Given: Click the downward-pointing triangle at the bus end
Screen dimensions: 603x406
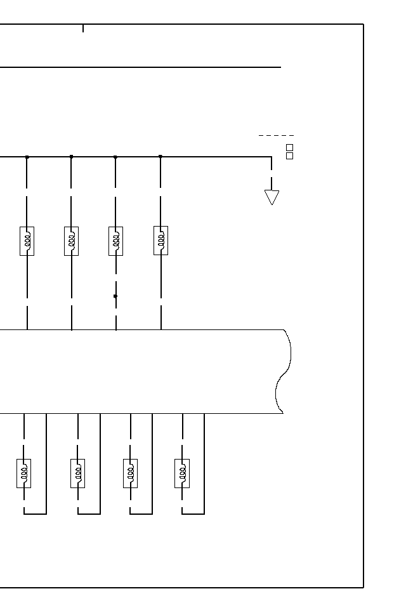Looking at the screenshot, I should tap(272, 197).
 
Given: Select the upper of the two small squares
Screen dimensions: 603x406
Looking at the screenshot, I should tap(290, 147).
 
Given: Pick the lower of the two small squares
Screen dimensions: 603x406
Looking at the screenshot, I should tap(290, 156).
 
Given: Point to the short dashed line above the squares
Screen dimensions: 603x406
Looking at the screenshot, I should tap(276, 135).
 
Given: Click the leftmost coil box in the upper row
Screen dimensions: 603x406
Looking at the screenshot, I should tap(27, 241).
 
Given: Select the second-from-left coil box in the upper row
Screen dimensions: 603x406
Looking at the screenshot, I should tap(71, 241).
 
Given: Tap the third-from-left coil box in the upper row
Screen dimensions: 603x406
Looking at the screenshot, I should tap(115, 241).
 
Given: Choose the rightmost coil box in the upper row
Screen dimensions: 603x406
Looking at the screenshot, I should tap(160, 241).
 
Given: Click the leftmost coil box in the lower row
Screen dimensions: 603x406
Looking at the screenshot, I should tap(24, 473).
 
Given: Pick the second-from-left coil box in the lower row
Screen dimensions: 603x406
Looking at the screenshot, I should tap(78, 473).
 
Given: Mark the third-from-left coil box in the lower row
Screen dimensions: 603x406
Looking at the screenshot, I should tap(131, 473).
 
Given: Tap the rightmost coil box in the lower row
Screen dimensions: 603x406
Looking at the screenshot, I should tap(182, 473).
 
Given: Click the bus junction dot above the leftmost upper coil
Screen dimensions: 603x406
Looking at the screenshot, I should tap(27, 157).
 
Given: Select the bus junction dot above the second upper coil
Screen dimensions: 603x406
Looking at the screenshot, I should tap(71, 156).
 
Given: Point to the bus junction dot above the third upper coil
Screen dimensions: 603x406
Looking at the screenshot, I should tap(115, 157).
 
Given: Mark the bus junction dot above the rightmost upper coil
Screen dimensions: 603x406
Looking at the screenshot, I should tap(160, 156).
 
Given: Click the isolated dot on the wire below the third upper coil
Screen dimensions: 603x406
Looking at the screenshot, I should tap(115, 296).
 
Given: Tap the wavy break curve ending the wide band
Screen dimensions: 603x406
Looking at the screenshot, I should tap(284, 371).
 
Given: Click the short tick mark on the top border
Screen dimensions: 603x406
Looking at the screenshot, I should tap(83, 28).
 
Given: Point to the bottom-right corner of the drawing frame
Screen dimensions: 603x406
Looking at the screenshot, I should tap(363, 588).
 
